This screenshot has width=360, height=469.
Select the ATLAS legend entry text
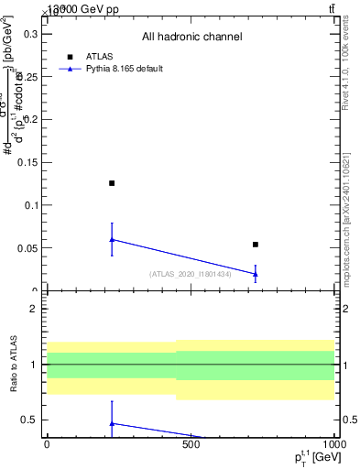pyautogui.click(x=100, y=56)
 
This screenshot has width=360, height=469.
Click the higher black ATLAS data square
pyautogui.click(x=112, y=183)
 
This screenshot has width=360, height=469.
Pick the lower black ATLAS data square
pyautogui.click(x=256, y=245)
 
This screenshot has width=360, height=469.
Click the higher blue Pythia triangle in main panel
pyautogui.click(x=112, y=239)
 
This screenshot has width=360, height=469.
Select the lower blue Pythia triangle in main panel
pyautogui.click(x=256, y=274)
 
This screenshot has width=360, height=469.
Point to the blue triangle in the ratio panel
pyautogui.click(x=112, y=423)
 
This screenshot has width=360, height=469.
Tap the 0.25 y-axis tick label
pyautogui.click(x=23, y=76)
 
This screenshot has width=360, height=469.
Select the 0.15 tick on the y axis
pyautogui.click(x=23, y=162)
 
